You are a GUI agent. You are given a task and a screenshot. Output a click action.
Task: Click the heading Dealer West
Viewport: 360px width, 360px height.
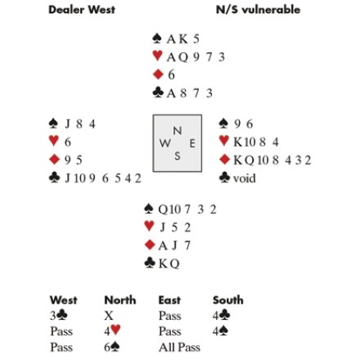(82, 10)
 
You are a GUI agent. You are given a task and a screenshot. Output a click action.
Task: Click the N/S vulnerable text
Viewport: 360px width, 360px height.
(258, 10)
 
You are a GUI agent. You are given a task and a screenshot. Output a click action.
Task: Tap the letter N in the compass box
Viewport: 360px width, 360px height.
(178, 131)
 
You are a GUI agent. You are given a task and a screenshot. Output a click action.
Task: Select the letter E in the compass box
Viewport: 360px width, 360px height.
(192, 143)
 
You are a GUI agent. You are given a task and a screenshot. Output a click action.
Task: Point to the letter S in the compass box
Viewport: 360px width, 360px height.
(178, 156)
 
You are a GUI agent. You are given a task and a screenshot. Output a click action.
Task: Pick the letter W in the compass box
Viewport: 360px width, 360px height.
(165, 143)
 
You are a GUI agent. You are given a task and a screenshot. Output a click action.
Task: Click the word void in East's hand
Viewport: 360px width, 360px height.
(245, 178)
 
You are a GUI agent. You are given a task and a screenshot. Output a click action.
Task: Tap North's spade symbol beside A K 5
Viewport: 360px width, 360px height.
(157, 38)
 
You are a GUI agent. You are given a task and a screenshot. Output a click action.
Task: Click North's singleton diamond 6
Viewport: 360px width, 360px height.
(171, 74)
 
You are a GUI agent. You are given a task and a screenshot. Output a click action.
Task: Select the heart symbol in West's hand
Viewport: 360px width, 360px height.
(54, 141)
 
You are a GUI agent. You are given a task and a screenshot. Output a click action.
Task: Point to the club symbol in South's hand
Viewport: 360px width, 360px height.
(150, 263)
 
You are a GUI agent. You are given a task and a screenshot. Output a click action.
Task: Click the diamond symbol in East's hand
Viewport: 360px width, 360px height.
(224, 160)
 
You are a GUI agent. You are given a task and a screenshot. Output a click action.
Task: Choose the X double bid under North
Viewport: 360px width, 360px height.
(109, 316)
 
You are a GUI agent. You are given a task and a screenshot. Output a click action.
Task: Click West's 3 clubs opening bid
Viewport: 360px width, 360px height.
(59, 316)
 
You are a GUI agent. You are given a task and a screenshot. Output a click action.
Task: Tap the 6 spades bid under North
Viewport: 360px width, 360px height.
(112, 347)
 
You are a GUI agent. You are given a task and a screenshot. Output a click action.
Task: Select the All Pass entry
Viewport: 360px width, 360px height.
(179, 348)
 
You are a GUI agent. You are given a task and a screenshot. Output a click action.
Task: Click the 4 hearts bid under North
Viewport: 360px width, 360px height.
(112, 331)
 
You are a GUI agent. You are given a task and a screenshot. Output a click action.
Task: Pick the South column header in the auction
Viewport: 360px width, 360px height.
(228, 300)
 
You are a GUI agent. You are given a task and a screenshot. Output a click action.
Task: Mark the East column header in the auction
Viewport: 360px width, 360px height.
(169, 300)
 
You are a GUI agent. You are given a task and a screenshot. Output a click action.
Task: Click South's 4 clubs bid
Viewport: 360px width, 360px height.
(222, 316)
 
